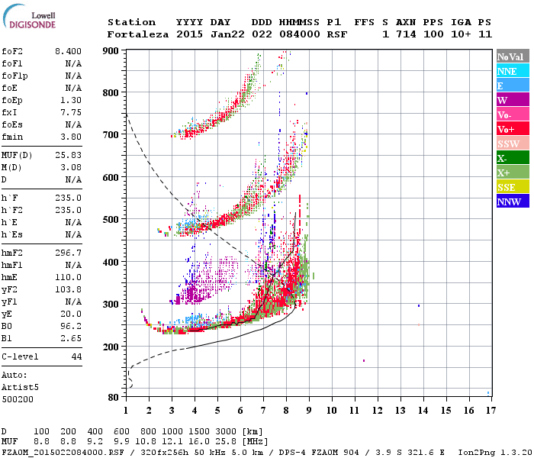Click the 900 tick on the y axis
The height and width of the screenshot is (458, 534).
112,50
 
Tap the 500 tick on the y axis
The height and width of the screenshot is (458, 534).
112,220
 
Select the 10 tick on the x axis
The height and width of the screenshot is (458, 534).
331,411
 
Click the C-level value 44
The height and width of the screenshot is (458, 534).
76,356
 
